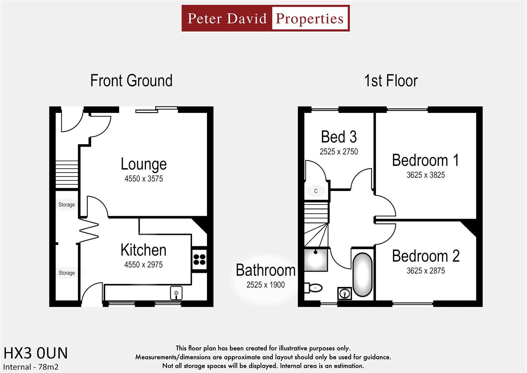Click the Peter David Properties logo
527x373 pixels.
pos(265,18)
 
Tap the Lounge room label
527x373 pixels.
pos(144,164)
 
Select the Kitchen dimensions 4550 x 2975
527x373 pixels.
pos(143,265)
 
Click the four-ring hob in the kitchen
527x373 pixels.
pos(199,260)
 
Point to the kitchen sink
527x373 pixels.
pos(176,293)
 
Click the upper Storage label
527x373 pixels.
pos(67,205)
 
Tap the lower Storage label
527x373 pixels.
pos(67,273)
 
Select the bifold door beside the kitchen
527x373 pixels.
pos(89,230)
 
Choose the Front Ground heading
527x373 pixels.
pos(131,81)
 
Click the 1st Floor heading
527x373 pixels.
pos(391,81)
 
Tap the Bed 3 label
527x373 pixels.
pos(339,137)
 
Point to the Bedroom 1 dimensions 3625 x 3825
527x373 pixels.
pos(426,175)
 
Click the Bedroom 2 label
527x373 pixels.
pos(426,256)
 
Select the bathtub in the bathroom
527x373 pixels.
pos(362,275)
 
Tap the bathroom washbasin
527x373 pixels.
pos(344,294)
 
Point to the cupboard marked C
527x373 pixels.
pos(316,191)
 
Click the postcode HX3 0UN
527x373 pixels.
pos(36,353)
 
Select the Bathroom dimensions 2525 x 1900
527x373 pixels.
pos(265,285)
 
